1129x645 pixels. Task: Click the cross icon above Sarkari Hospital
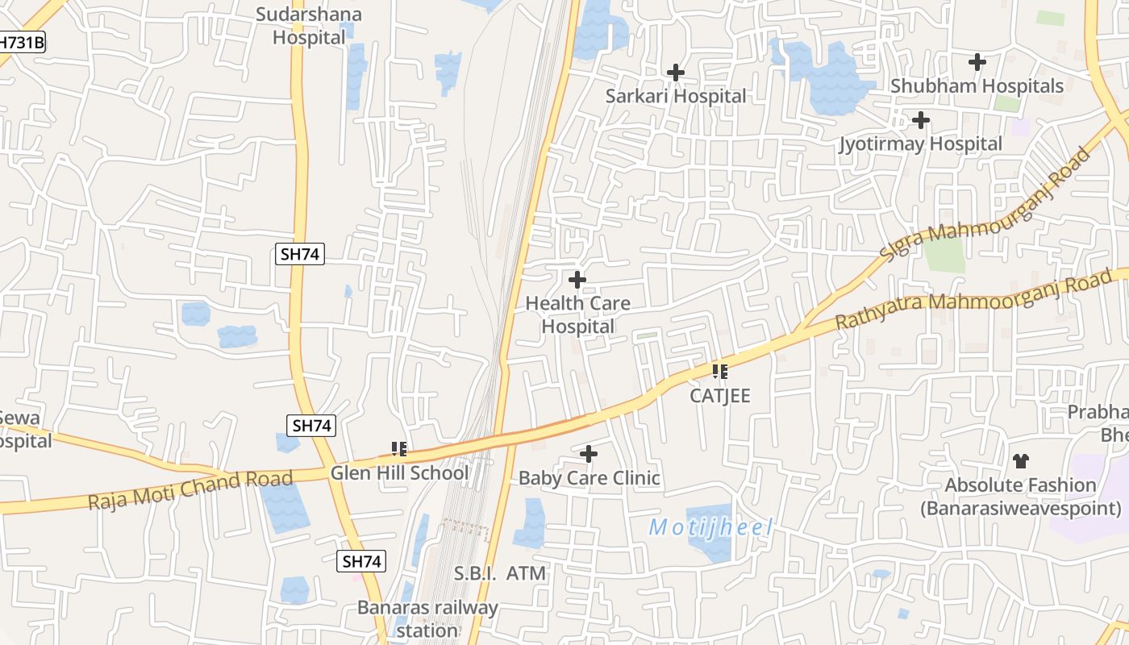676,73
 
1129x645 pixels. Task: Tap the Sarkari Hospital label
676,96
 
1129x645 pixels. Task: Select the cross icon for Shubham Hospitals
977,62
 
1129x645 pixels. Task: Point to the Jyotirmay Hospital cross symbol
920,121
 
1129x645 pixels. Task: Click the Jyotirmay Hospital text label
920,144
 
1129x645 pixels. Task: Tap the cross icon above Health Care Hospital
577,281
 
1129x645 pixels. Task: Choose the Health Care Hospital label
577,314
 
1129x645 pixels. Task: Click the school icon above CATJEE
720,372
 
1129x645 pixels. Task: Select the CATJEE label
720,396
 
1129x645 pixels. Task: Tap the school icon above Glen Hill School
398,448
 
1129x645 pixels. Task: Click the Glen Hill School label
398,473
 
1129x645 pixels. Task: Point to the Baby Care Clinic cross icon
589,455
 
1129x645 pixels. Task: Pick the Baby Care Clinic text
589,478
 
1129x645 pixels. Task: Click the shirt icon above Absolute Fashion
1021,461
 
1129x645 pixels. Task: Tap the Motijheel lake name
710,528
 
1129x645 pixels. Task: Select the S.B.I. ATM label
500,573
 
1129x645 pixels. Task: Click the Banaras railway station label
427,618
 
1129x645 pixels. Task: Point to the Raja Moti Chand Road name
190,490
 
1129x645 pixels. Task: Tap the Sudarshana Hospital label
309,26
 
